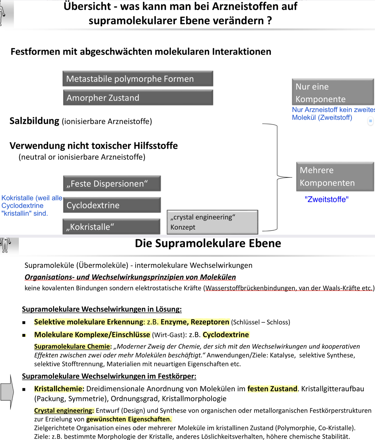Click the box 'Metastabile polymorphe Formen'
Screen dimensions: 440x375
138,79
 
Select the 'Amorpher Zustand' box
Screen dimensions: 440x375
138,98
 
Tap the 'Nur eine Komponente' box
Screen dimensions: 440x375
333,92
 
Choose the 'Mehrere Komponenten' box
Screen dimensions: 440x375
335,177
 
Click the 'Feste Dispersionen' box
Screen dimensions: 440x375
112,184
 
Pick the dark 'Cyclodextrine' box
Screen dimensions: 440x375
112,205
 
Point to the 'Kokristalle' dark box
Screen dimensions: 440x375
112,227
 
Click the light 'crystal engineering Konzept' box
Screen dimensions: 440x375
212,222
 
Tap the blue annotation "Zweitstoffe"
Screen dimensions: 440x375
326,199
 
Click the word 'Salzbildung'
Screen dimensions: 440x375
34,121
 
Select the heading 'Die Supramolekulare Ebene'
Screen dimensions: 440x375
208,243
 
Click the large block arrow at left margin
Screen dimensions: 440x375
7,392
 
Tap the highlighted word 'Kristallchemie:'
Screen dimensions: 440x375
59,389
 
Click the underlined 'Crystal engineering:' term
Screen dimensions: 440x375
64,411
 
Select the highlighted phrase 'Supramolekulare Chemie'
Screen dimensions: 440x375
72,346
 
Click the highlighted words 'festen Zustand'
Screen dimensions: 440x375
272,389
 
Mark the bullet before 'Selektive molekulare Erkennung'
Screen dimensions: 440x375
24,322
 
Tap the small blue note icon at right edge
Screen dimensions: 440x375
371,121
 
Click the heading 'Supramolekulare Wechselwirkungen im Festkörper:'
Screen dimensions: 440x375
109,376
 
